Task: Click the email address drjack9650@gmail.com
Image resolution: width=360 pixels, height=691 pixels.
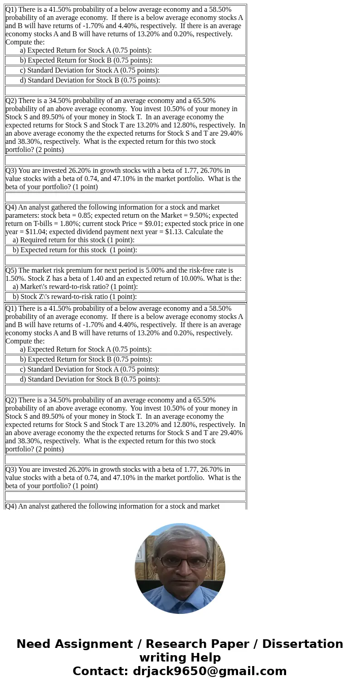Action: pyautogui.click(x=209, y=671)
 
